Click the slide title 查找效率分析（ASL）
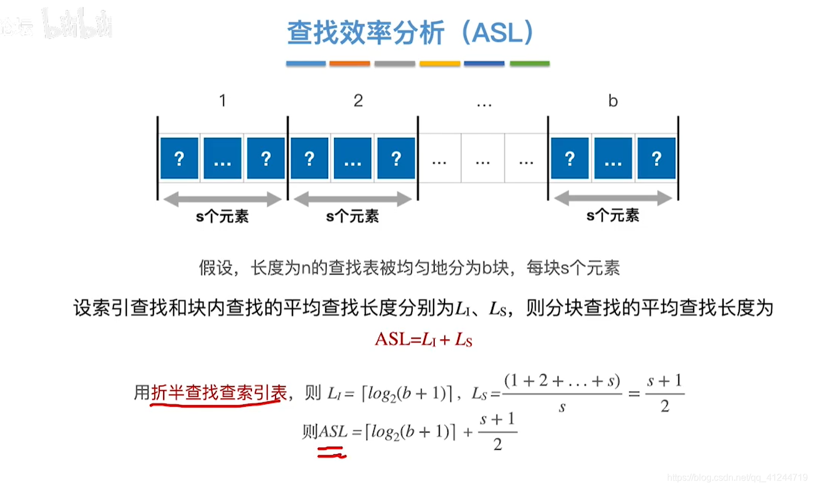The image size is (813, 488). [410, 33]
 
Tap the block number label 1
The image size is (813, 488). [223, 101]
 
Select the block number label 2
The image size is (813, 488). [358, 101]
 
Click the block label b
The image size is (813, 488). [613, 101]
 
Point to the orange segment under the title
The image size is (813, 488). [349, 63]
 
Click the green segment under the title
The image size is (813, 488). [529, 63]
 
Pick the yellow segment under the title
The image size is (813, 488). [439, 63]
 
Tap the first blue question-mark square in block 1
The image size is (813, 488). [179, 158]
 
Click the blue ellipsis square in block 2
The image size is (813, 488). [352, 158]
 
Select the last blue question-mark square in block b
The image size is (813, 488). [656, 158]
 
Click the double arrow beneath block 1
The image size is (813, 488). [223, 200]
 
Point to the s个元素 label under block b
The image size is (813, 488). [613, 216]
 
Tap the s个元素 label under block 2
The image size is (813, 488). [352, 216]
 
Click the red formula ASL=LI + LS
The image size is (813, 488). [423, 339]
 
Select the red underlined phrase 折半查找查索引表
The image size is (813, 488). [219, 393]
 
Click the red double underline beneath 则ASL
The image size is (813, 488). [331, 455]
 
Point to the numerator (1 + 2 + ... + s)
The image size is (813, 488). [562, 381]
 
